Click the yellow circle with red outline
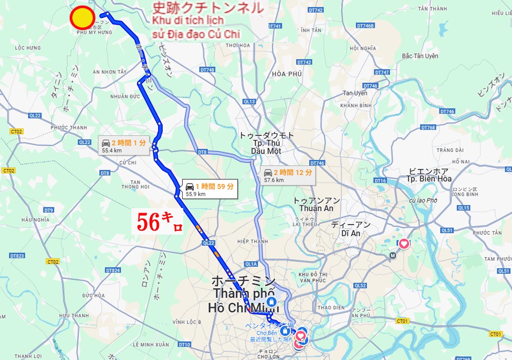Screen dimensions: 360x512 (83, 18)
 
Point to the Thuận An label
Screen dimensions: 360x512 (316, 208)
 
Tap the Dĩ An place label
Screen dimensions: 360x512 (350, 233)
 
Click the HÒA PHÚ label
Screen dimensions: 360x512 (287, 74)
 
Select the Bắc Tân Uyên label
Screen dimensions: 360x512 (420, 56)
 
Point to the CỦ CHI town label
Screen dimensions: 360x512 (128, 163)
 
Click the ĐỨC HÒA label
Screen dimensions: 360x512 (94, 296)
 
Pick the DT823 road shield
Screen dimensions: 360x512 (17, 256)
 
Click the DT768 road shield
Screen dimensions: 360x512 (428, 128)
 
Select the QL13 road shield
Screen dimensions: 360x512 (249, 102)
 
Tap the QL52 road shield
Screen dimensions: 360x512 (360, 285)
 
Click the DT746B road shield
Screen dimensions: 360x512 (365, 26)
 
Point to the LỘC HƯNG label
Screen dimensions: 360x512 (28, 48)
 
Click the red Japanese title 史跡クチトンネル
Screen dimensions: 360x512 (208, 8)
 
